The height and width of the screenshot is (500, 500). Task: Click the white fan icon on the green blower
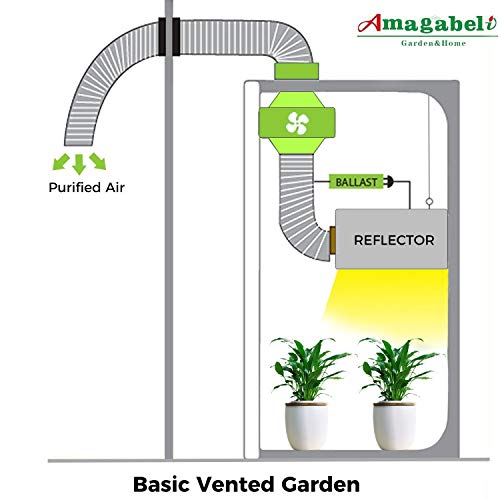click(297, 123)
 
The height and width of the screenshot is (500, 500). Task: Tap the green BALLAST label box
click(356, 182)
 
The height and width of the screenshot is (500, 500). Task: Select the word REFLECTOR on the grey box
click(394, 240)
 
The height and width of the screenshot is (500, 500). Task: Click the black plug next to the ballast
click(389, 182)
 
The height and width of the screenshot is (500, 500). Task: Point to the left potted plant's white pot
click(306, 426)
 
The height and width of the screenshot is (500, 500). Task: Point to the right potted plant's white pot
click(394, 426)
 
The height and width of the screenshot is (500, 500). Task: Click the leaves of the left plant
click(308, 368)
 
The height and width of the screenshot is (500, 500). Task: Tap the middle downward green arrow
click(79, 164)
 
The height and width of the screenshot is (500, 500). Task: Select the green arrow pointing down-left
click(61, 162)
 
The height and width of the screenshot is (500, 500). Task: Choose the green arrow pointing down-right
click(98, 161)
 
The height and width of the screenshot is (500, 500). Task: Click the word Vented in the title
click(236, 484)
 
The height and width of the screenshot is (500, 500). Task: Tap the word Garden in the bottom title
click(321, 484)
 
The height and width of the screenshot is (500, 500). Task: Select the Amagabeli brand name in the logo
click(427, 23)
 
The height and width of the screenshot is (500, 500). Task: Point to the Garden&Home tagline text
click(433, 43)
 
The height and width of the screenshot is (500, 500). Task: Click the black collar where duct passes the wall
click(169, 37)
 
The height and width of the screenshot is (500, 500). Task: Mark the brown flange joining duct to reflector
click(332, 240)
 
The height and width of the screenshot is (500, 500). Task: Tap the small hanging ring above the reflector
click(429, 201)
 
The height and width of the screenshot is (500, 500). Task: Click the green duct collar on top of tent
click(296, 71)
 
